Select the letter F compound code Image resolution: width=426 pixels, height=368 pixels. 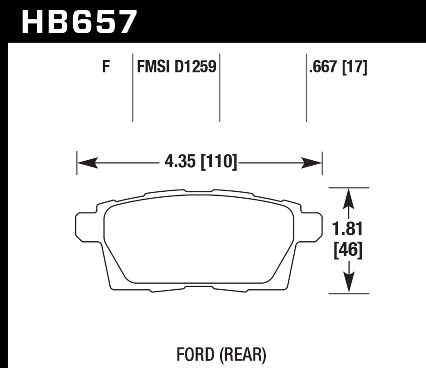106,67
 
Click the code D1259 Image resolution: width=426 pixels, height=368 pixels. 196,67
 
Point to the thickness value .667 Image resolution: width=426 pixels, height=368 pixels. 324,67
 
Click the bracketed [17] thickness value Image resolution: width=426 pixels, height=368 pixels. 355,67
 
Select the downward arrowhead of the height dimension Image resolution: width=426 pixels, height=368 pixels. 348,283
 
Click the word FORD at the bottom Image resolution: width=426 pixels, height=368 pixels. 195,354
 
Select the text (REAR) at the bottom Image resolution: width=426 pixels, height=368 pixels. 243,354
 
